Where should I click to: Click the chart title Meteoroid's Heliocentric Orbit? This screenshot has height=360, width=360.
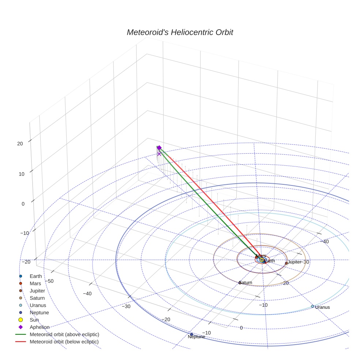[180, 32]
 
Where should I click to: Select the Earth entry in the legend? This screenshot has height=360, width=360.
[35, 276]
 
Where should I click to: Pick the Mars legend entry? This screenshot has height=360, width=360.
[35, 284]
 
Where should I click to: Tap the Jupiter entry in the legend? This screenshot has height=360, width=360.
[37, 291]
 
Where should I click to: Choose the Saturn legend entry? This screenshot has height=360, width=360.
[37, 298]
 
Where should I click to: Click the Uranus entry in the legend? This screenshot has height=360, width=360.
[37, 305]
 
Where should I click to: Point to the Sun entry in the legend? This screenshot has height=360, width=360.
[34, 320]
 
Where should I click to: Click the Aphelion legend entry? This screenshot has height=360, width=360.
[39, 327]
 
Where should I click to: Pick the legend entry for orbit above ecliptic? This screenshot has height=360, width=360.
[64, 334]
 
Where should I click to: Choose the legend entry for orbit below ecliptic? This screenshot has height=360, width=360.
[64, 342]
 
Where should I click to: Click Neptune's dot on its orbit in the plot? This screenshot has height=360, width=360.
[191, 334]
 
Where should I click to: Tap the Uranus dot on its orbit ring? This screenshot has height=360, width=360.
[312, 306]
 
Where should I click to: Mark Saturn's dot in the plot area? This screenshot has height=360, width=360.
[240, 282]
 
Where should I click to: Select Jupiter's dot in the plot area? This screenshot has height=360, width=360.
[286, 263]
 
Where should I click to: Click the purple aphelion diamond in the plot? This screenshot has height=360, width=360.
[159, 147]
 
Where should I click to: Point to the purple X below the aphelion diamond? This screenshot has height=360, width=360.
[159, 154]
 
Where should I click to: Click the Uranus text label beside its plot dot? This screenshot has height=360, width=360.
[322, 307]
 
